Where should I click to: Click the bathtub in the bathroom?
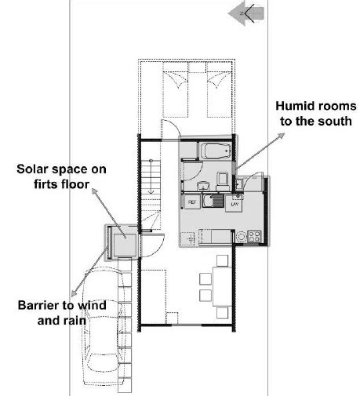[216, 151]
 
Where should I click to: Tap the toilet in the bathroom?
[223, 181]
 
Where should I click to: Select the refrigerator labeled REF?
[192, 202]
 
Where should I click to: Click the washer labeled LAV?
[235, 203]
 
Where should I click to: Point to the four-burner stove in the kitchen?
[254, 237]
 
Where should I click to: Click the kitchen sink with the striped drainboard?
[213, 201]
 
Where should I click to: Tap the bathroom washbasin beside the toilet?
[203, 186]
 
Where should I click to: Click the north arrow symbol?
[246, 13]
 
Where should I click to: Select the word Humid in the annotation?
[292, 106]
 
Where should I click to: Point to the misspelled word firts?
[45, 184]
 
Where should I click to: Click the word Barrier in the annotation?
[38, 305]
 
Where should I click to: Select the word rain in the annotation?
[75, 321]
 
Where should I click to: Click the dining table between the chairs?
[222, 286]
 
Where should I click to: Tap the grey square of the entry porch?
[125, 245]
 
